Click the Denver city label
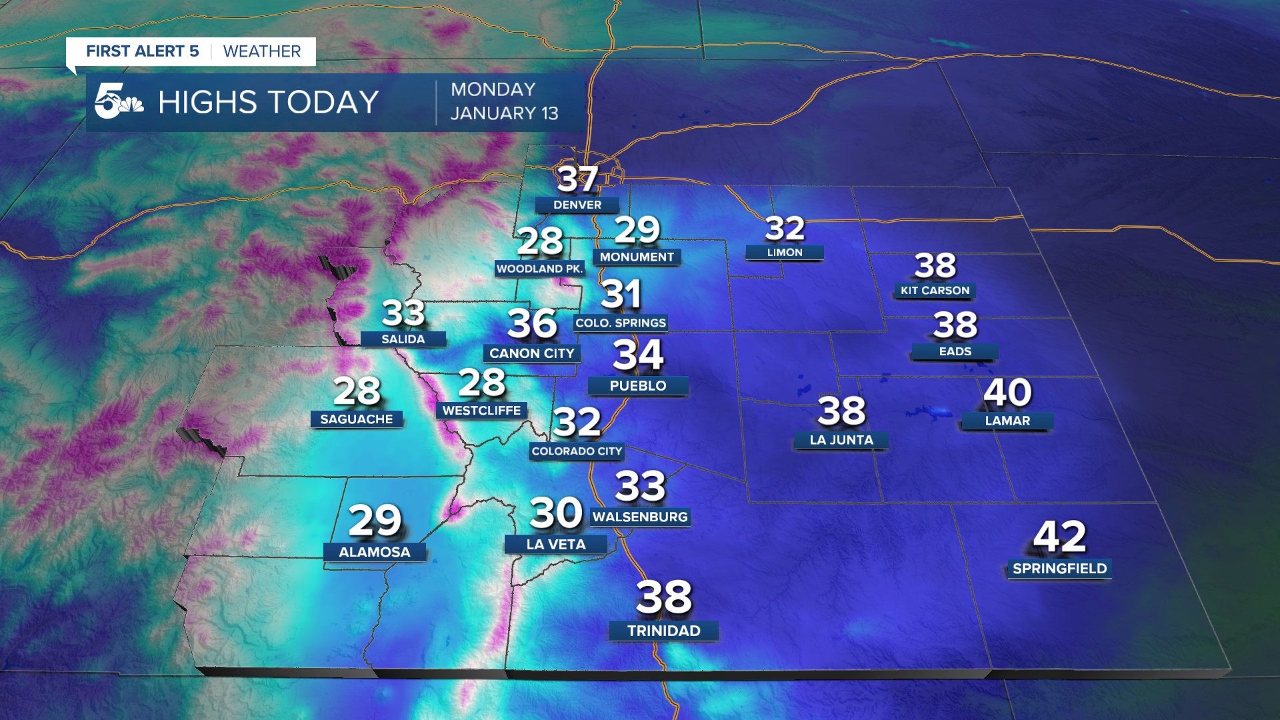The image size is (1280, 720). coord(577,205)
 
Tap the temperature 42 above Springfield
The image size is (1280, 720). coord(1059,537)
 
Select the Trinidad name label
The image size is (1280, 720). coord(663,631)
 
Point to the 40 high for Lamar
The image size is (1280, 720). coord(1007,392)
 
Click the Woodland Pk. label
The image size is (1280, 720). coord(539,269)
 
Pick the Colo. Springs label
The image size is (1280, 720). coord(621,323)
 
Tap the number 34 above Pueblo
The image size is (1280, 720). coord(638,355)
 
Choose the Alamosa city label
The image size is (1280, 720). coord(374,552)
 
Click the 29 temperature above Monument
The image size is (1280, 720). coord(637,230)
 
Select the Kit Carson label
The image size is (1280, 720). coord(935,291)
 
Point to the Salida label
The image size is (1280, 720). coord(403,339)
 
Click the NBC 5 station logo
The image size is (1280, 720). coord(118,102)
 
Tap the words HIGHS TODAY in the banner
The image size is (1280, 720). coord(268,103)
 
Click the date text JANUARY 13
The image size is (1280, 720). coord(504,114)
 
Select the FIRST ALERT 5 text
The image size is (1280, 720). coord(143,51)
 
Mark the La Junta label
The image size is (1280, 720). coord(841,440)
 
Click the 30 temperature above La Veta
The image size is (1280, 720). coord(556,513)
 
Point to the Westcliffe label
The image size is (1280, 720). coord(481,411)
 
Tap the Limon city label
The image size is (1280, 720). coord(785,253)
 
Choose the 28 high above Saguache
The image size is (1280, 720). coord(357,391)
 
